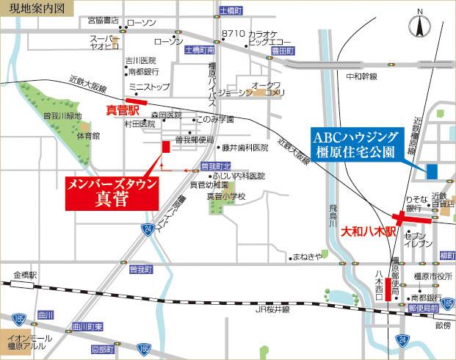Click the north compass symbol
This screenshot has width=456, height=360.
click(x=420, y=25)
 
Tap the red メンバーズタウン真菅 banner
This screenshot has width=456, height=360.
click(x=112, y=192)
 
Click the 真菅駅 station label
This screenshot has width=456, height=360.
click(x=123, y=110)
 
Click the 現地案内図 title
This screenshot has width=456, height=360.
click(x=33, y=9)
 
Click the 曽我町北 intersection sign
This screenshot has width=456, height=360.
click(x=216, y=166)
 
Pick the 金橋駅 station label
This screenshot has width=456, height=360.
click(x=24, y=276)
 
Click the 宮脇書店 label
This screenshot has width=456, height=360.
click(x=104, y=20)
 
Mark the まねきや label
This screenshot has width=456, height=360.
click(x=308, y=256)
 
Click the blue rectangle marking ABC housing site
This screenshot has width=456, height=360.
click(x=432, y=170)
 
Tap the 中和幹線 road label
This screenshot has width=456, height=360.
click(x=361, y=76)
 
